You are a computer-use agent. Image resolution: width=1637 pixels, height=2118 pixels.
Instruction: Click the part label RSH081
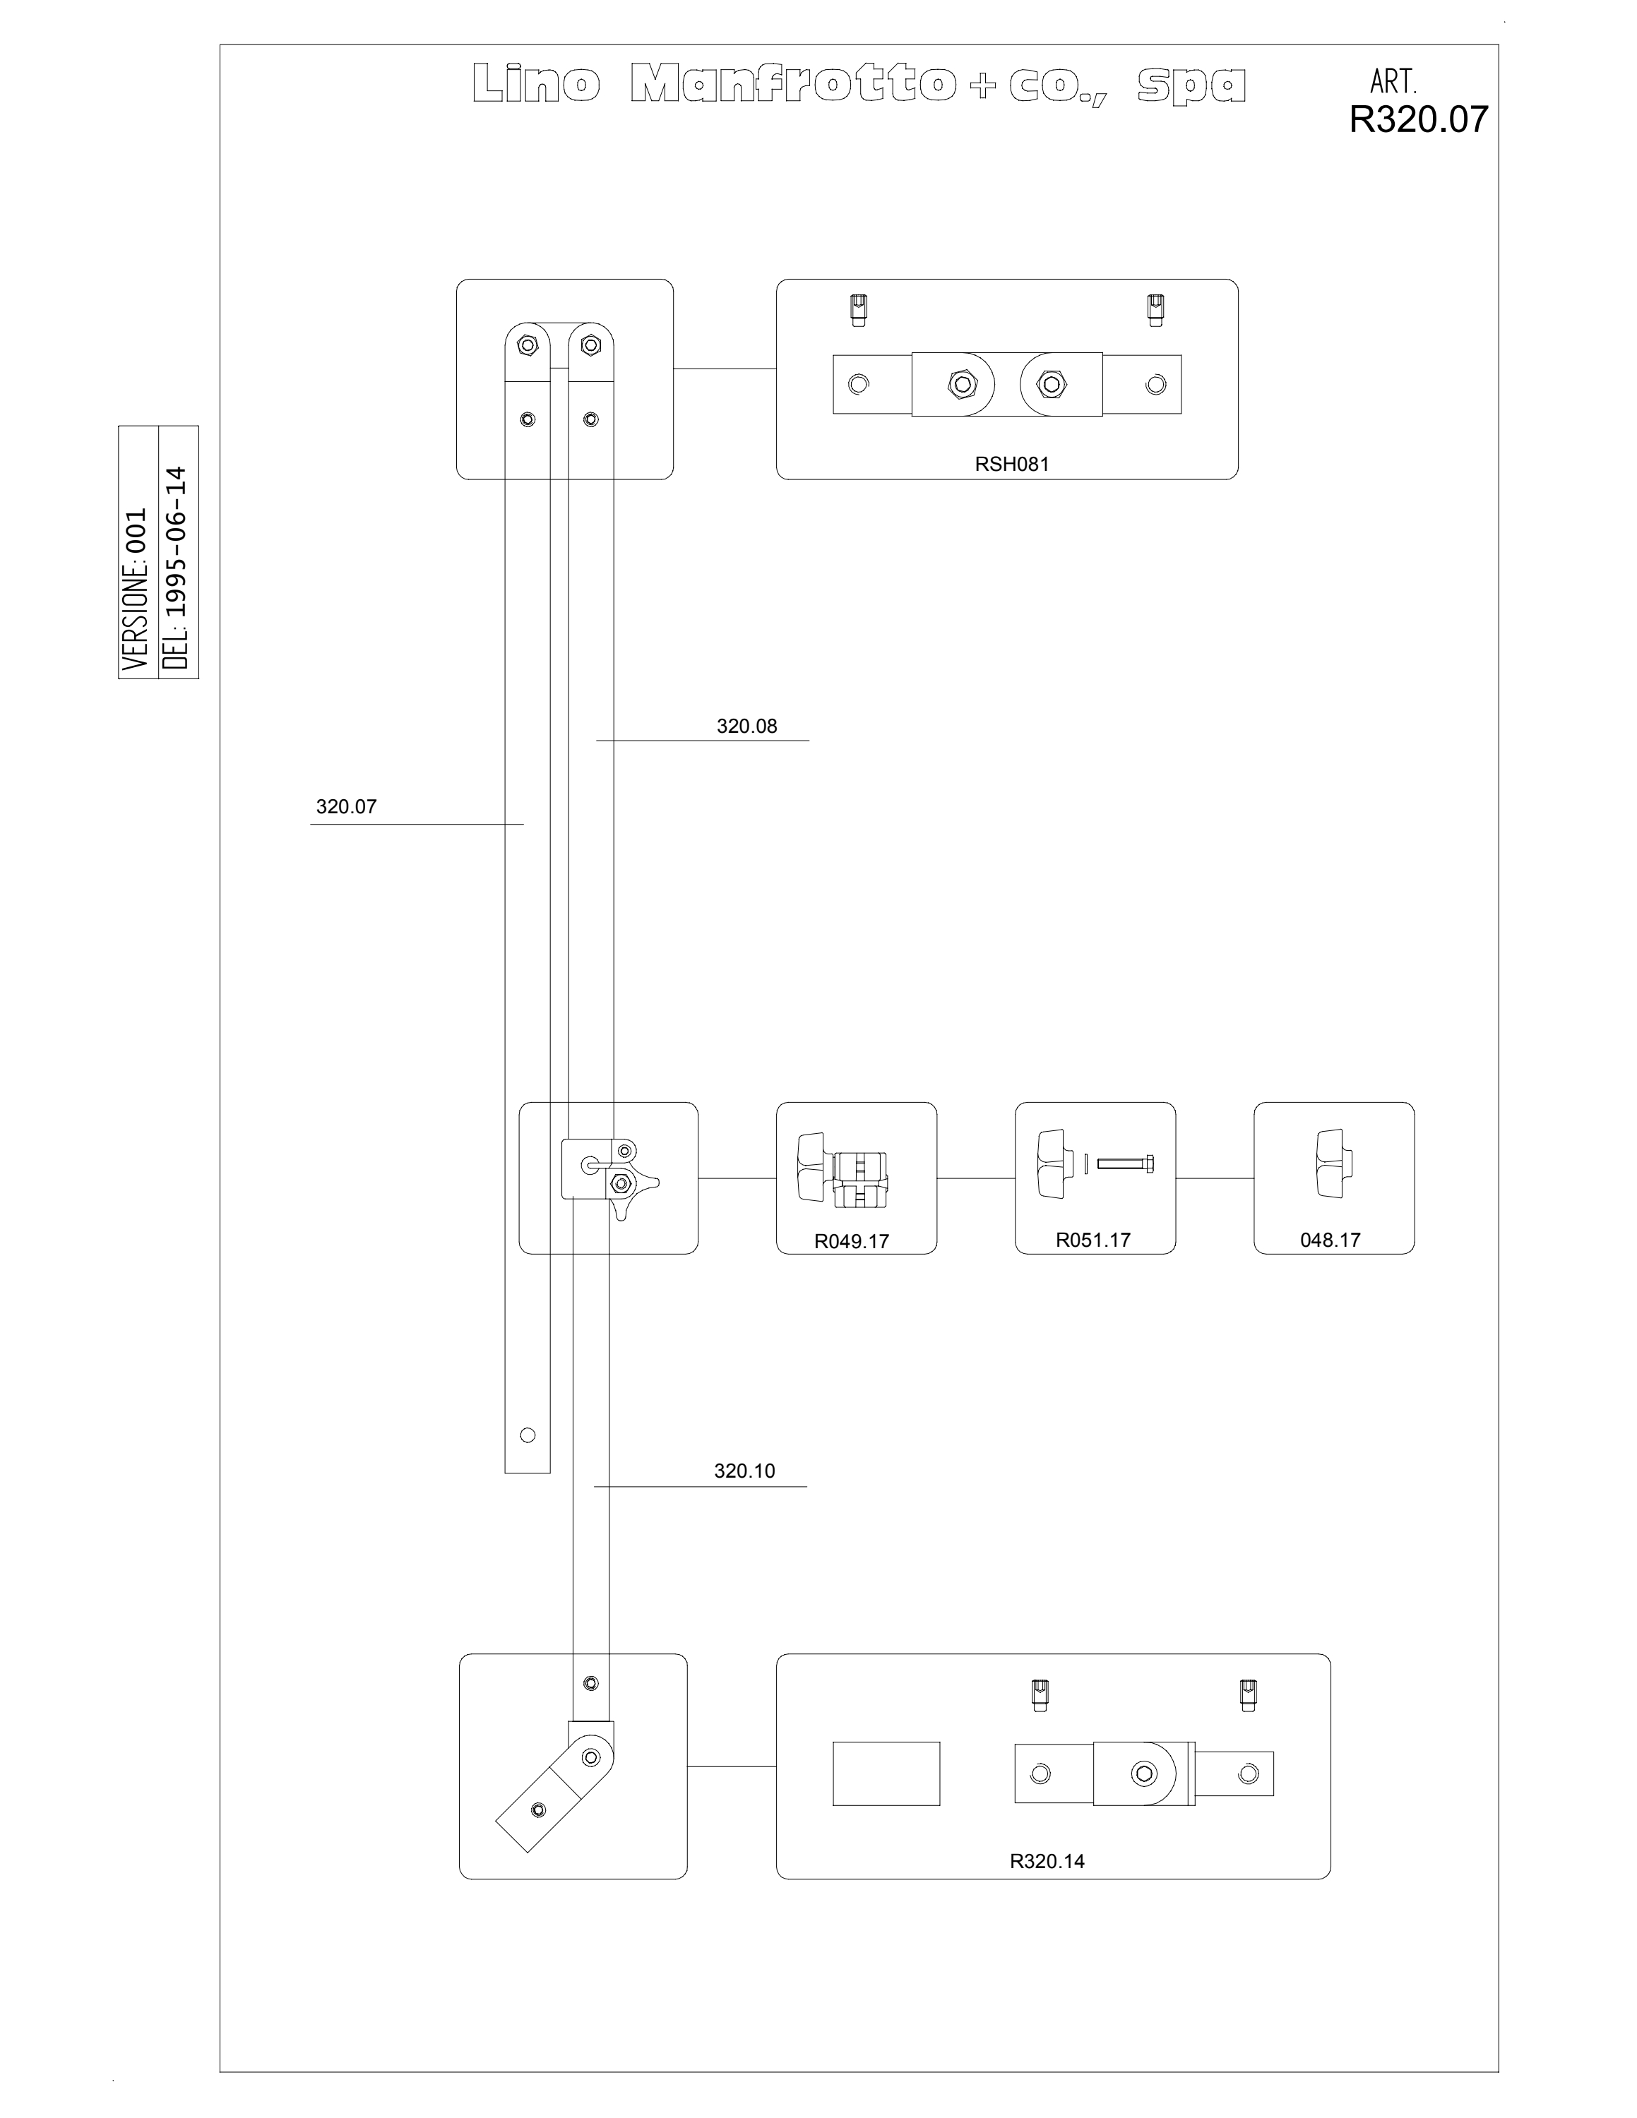click(x=1011, y=464)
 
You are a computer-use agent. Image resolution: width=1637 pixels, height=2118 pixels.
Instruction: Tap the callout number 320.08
click(x=746, y=726)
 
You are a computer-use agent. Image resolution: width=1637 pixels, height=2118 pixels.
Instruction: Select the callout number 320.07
click(x=346, y=807)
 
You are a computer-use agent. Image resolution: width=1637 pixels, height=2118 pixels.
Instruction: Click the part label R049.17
click(x=852, y=1241)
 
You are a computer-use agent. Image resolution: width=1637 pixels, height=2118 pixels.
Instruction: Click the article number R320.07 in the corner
click(x=1419, y=119)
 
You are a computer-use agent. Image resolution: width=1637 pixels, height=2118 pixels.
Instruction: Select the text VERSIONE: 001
click(x=135, y=589)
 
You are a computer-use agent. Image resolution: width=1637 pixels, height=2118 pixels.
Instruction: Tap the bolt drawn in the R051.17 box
click(x=1125, y=1163)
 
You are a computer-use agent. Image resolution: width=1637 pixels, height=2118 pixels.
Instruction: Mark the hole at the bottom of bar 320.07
click(x=528, y=1435)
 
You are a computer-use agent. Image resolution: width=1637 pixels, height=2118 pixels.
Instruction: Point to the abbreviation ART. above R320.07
click(x=1393, y=80)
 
